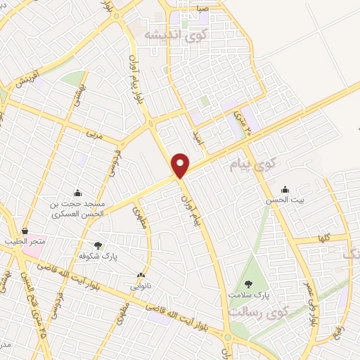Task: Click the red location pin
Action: [x=181, y=165]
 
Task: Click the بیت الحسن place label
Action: [x=284, y=200]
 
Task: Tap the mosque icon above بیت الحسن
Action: [x=284, y=189]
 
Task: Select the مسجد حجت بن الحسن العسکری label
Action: [x=77, y=208]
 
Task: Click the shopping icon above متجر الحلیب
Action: [x=26, y=231]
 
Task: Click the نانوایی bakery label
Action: [x=142, y=286]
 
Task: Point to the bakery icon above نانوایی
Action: [x=142, y=275]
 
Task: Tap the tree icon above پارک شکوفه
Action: [x=98, y=245]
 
